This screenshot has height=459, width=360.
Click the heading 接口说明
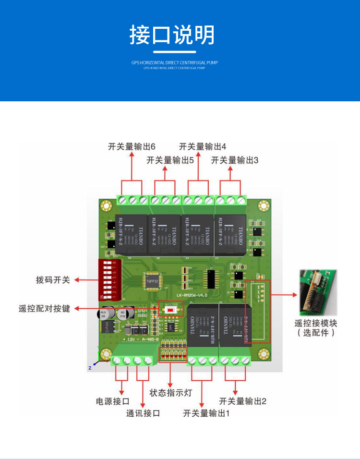[172, 35]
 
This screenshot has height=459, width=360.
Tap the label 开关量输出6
[132, 146]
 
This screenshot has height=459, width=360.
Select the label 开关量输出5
[170, 160]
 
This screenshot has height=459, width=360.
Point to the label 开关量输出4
[203, 146]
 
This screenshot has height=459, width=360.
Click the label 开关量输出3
[235, 160]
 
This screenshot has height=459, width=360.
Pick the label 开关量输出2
[242, 401]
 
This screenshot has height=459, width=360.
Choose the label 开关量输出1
[206, 413]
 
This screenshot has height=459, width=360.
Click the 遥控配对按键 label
[44, 308]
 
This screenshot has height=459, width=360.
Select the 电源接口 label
[113, 401]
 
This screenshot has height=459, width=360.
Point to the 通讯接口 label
[143, 413]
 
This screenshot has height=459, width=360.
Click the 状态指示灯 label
[170, 393]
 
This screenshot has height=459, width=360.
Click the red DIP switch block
[108, 280]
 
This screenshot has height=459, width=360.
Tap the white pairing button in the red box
[170, 310]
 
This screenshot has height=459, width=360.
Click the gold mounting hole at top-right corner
[263, 207]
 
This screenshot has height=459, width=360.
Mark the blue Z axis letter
[89, 368]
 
